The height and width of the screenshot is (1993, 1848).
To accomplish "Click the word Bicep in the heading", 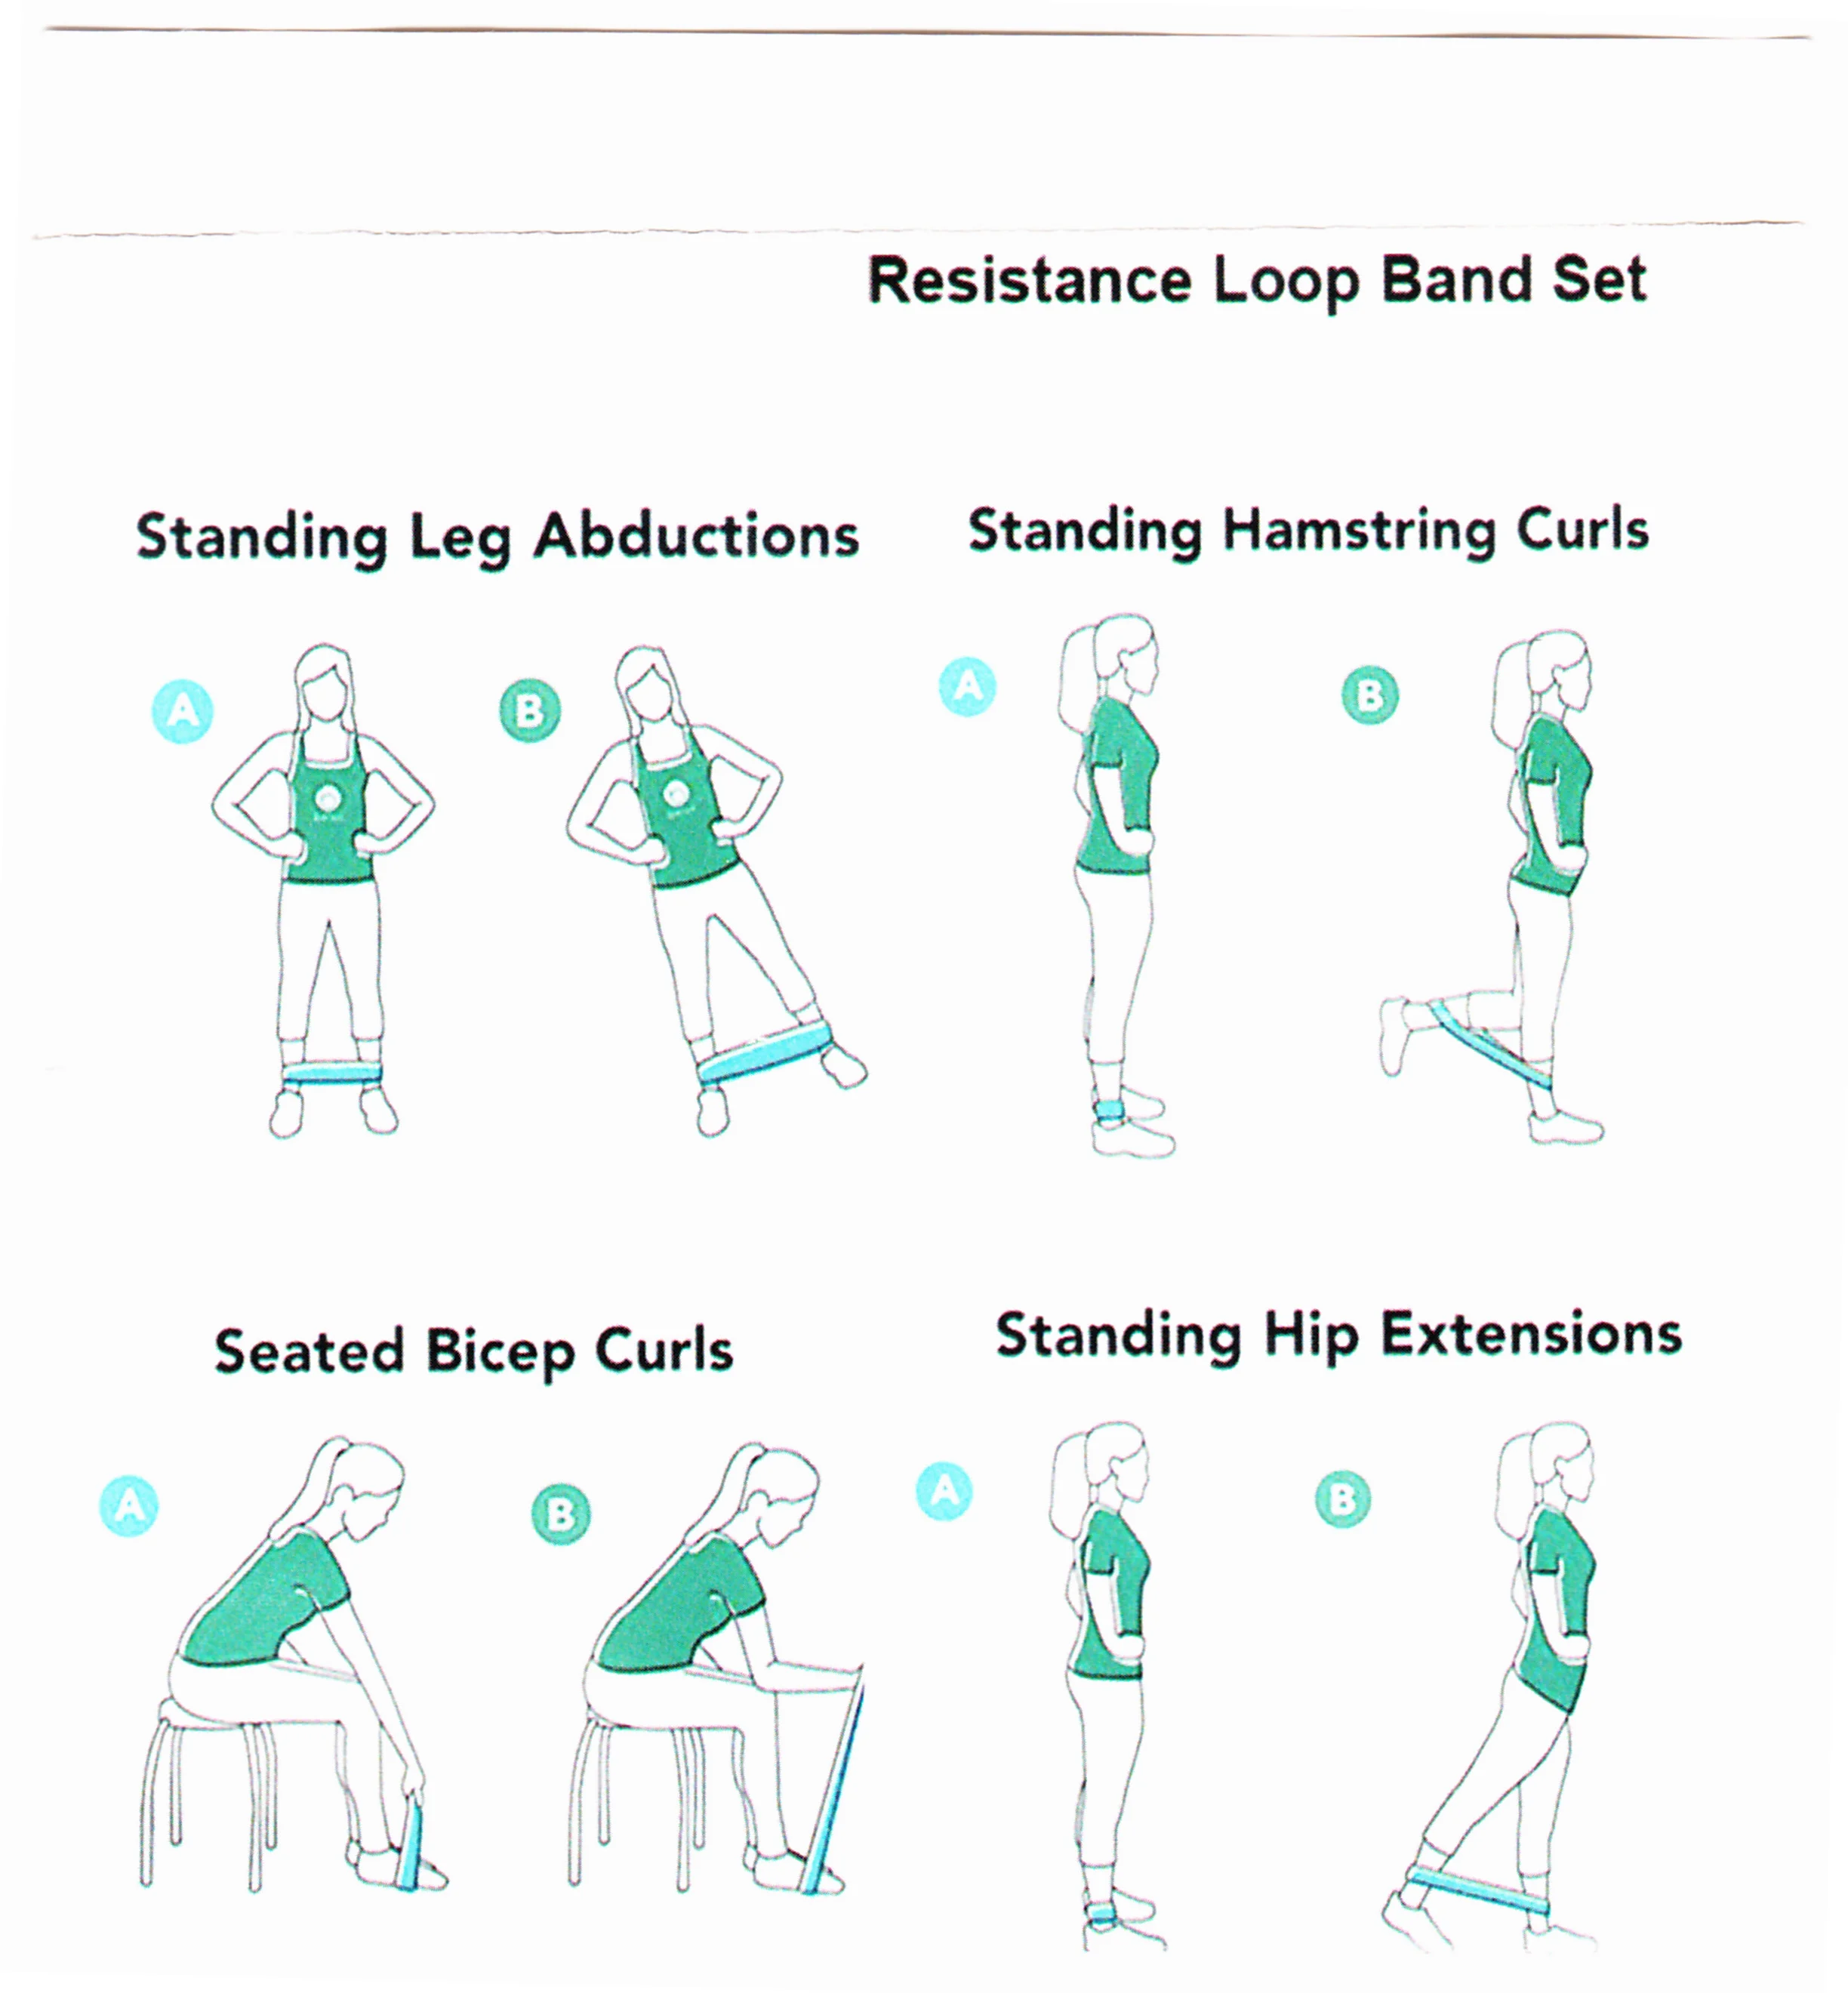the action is [500, 1353].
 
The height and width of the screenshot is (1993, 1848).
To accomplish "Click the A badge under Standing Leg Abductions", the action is [182, 711].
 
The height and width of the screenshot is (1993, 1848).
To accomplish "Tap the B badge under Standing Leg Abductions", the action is [529, 711].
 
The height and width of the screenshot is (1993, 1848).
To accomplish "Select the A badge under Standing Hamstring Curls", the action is [967, 686].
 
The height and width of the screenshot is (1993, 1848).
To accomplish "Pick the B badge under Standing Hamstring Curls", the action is [1370, 695].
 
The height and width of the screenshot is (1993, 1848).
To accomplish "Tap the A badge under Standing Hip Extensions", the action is [944, 1491].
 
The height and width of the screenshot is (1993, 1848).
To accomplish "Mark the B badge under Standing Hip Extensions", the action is [1342, 1499].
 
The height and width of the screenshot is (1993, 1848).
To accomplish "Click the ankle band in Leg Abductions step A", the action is [332, 1074].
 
